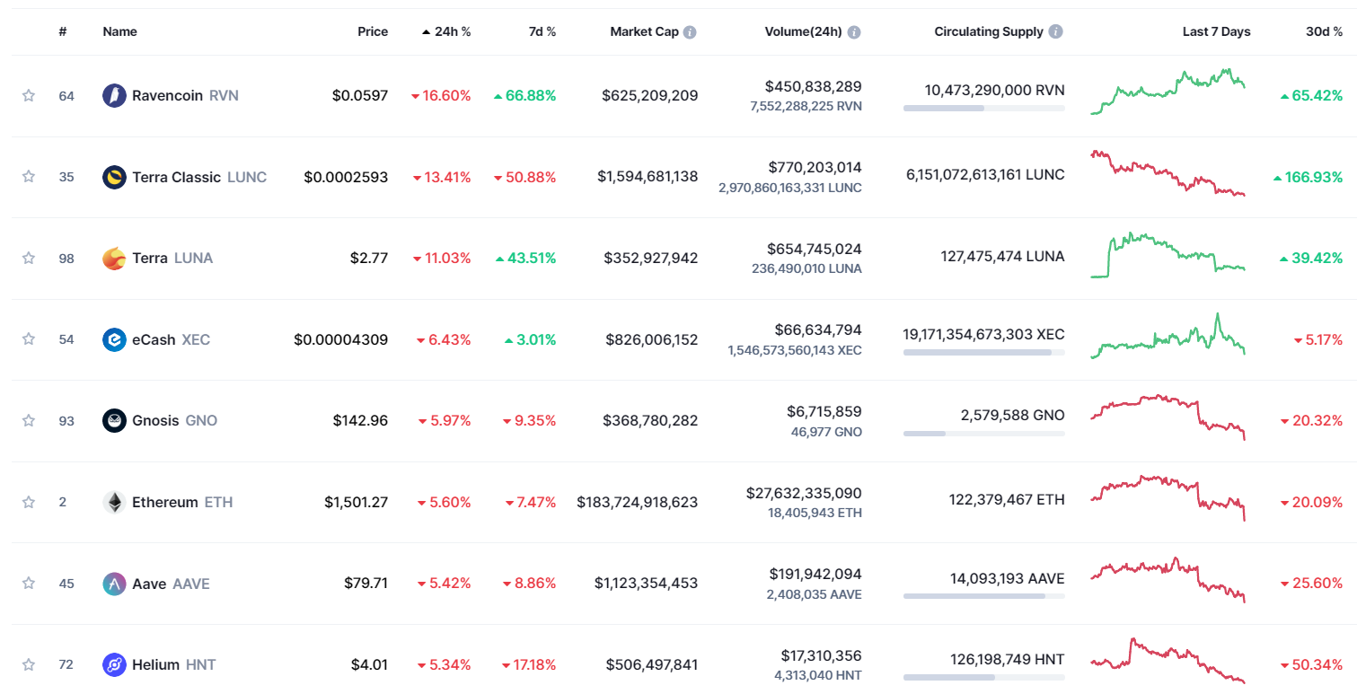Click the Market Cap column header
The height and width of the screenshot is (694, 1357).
(x=644, y=31)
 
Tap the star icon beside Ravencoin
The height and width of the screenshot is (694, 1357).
(x=29, y=95)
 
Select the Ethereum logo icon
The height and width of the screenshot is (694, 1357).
(x=114, y=502)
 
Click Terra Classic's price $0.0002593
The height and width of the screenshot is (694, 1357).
(x=346, y=177)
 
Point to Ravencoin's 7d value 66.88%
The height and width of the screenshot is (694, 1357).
(x=530, y=95)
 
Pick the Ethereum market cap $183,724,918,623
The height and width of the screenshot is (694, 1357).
(x=637, y=502)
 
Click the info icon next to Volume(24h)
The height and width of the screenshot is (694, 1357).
(x=854, y=32)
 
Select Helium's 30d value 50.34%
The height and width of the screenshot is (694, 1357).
(x=1317, y=664)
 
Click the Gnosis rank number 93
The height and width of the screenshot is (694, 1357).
(x=66, y=420)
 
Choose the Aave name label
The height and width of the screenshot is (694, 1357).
(x=149, y=584)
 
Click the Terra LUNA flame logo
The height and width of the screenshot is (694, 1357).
(x=114, y=259)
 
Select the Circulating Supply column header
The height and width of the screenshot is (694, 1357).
(x=988, y=31)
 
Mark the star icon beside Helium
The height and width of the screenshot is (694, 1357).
(x=29, y=664)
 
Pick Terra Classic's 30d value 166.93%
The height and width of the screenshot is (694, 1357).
(x=1313, y=177)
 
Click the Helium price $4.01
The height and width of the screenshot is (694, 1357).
(x=369, y=664)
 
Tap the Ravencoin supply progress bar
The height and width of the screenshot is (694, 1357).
(x=983, y=108)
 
